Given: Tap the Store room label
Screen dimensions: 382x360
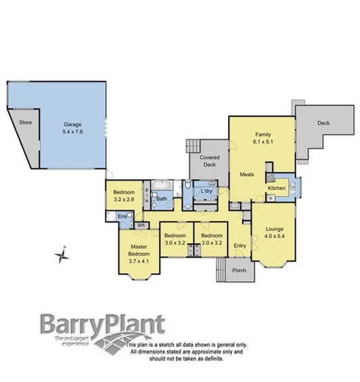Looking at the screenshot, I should (26, 122).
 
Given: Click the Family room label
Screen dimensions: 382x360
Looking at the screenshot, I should (263, 134).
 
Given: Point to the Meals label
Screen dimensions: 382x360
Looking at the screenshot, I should (247, 174).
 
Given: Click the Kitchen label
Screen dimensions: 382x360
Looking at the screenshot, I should (277, 188).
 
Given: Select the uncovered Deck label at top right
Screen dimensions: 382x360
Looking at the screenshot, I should (323, 123).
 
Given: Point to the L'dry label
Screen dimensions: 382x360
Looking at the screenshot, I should (206, 192).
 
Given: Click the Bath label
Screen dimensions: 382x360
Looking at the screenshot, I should (162, 199).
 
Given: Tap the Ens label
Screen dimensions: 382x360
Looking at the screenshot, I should (122, 216).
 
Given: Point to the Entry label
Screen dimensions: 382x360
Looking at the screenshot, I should (240, 245).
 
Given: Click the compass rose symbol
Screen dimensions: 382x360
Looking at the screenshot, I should (62, 255).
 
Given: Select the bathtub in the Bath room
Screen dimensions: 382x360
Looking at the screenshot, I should (162, 185).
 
